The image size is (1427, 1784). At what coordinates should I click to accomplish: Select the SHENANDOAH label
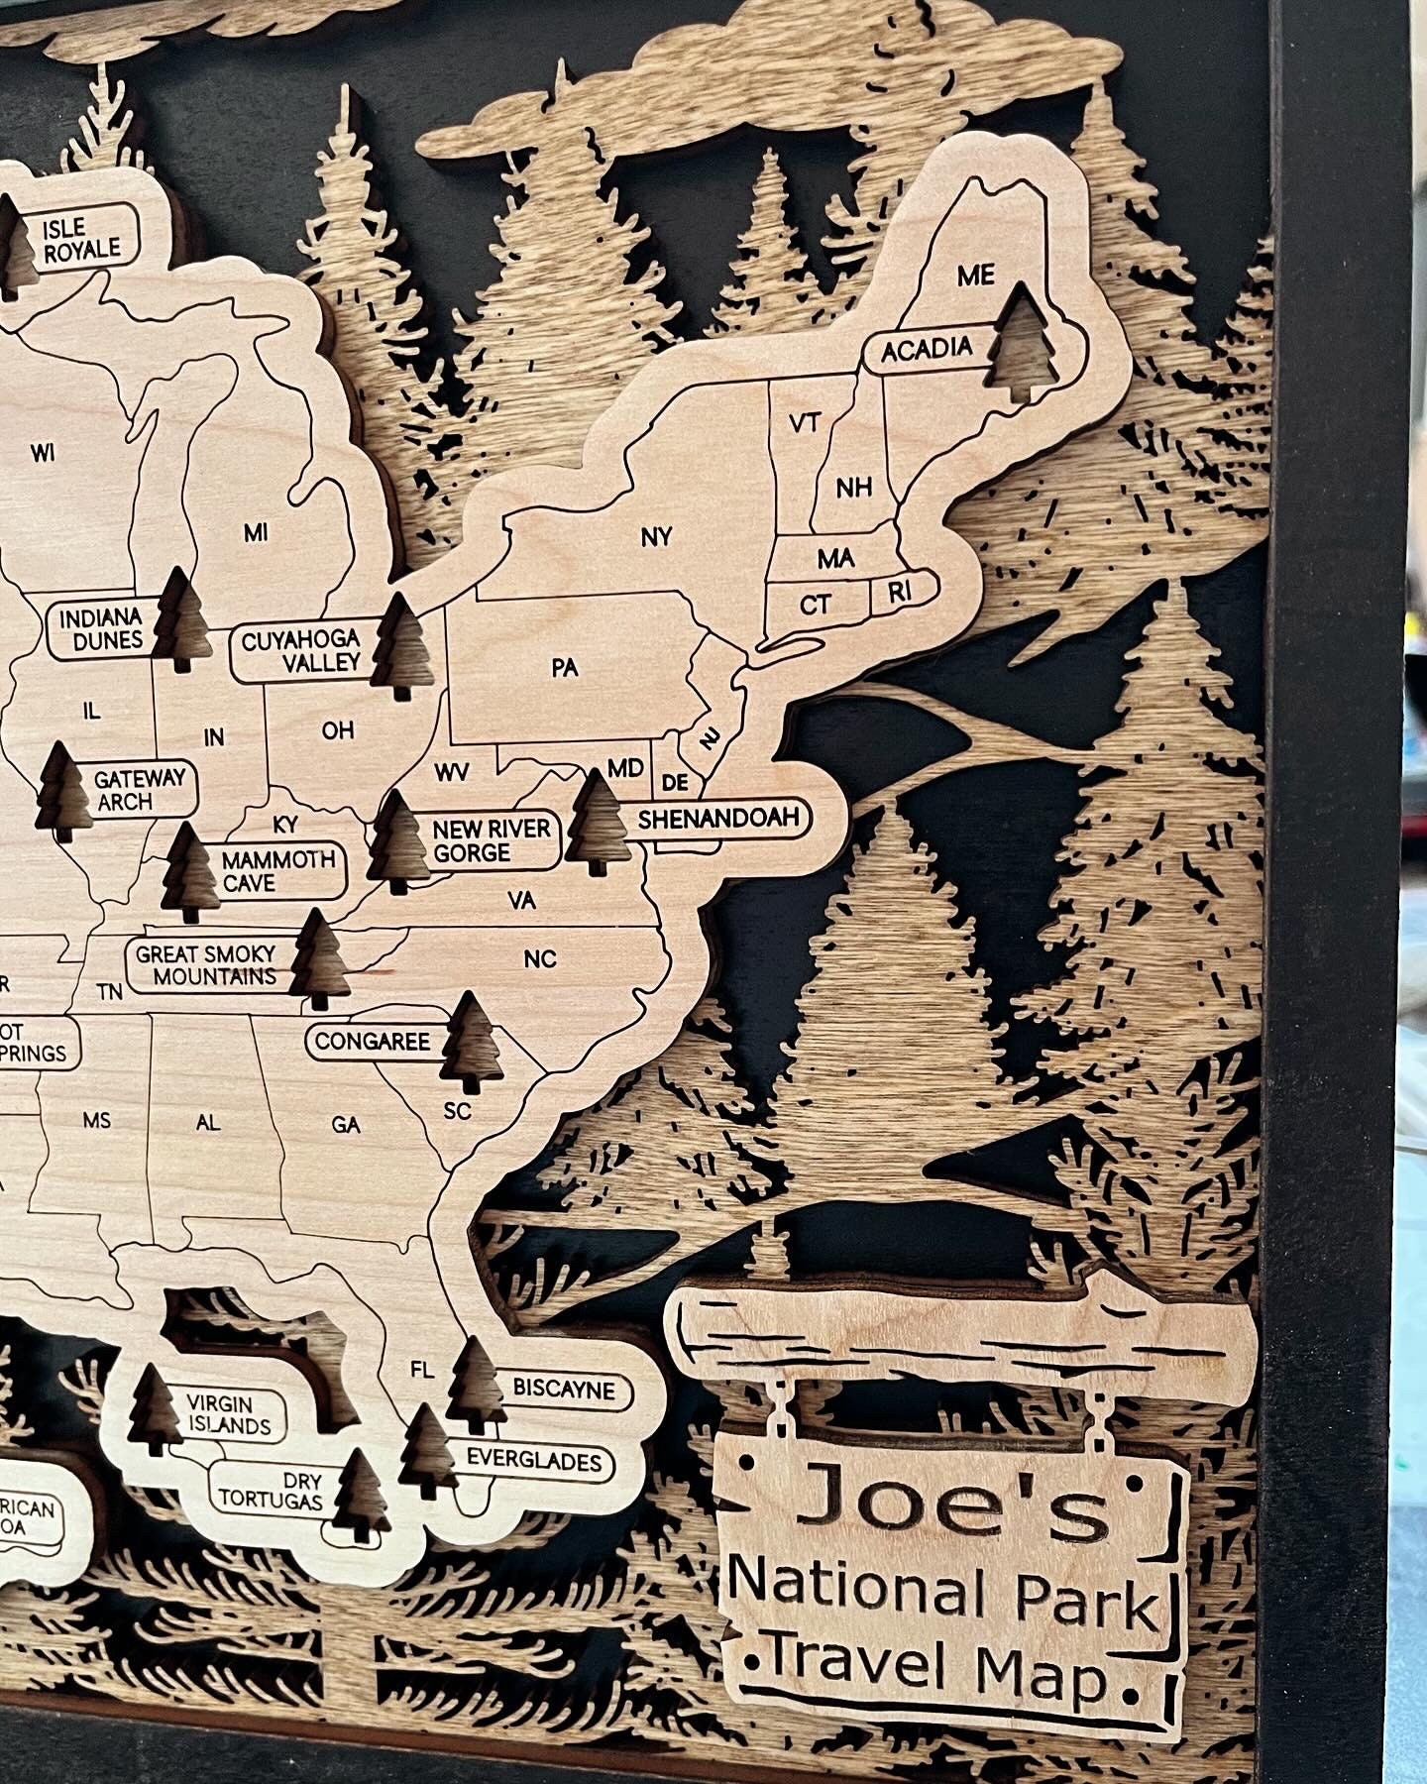coord(718,820)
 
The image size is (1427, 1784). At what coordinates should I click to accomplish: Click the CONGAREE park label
coord(373,1042)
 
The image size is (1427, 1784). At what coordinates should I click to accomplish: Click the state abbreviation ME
coord(975,275)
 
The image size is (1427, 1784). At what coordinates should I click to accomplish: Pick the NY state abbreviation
coord(656,537)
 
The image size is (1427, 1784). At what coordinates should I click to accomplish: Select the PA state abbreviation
coord(564,667)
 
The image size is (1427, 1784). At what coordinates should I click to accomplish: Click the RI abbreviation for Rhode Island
coord(899,593)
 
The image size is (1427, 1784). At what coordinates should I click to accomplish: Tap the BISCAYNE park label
coord(564,1389)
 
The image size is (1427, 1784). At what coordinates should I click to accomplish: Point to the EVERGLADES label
coord(534,1460)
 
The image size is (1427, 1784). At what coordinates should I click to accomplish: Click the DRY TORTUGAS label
coord(271,1490)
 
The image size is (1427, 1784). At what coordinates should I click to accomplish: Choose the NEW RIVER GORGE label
coord(491,839)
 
